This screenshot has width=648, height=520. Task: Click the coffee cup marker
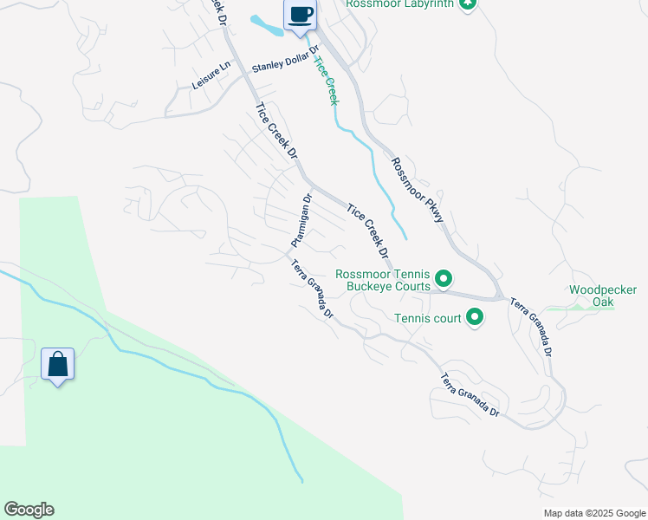tap(301, 16)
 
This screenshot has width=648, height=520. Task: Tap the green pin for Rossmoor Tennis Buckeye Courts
tap(444, 278)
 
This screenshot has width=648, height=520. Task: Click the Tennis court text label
tap(428, 318)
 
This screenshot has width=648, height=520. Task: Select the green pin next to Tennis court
tap(474, 318)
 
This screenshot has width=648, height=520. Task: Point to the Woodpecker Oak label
tap(603, 296)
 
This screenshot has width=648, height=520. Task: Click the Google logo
tap(29, 510)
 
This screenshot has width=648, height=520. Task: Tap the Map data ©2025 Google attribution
tap(594, 513)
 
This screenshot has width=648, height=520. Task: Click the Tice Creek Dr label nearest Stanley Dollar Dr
tap(276, 131)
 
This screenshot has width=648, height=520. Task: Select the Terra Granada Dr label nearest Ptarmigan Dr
tap(312, 289)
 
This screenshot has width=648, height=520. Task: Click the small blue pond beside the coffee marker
tap(267, 24)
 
